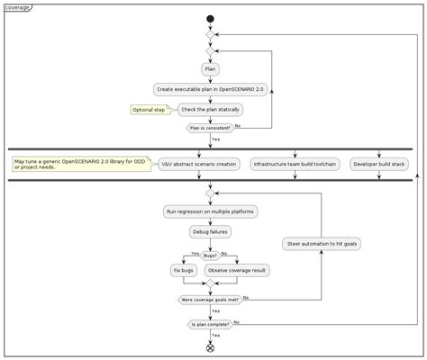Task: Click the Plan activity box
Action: [x=210, y=68]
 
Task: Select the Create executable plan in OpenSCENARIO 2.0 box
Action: [x=210, y=89]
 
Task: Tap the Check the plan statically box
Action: [x=210, y=109]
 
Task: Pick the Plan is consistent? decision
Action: [x=209, y=128]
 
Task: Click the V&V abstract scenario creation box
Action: [x=200, y=165]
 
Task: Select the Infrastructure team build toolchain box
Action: [x=295, y=165]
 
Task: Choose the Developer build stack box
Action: [x=378, y=165]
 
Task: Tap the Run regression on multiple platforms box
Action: [x=210, y=211]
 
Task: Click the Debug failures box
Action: [x=210, y=231]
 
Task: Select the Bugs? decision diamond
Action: [x=210, y=255]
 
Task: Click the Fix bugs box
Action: [x=184, y=270]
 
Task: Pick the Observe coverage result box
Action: [x=237, y=270]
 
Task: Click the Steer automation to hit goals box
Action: [x=322, y=244]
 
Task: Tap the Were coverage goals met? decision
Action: [x=210, y=299]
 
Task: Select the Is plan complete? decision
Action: [x=210, y=323]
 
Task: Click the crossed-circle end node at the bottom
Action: [x=210, y=347]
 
